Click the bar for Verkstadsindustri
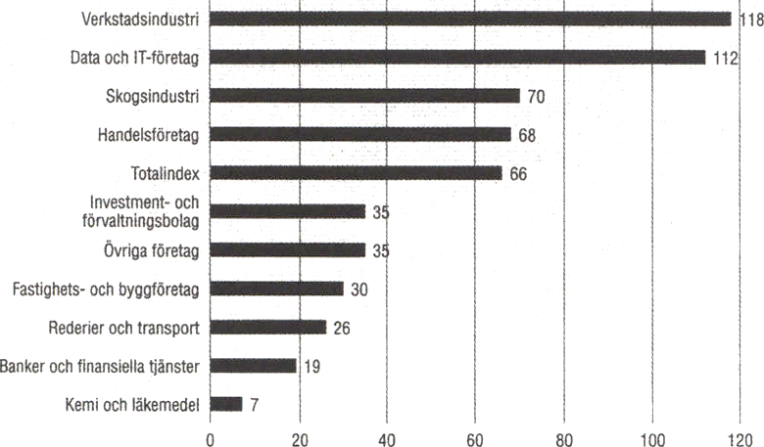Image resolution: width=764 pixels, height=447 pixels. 470,19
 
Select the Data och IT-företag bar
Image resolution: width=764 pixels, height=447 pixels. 457,57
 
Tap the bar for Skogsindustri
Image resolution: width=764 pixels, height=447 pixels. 364,96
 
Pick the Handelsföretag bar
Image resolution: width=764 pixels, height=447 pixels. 360,134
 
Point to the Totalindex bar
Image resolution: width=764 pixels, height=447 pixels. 356,173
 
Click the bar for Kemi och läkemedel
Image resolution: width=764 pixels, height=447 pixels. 226,403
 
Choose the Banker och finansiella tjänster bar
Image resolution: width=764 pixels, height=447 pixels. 253,366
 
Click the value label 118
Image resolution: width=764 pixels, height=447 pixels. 750,20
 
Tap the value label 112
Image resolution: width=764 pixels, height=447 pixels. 725,58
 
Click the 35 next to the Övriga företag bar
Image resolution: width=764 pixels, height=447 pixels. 380,250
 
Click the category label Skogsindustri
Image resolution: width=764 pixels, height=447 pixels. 152,96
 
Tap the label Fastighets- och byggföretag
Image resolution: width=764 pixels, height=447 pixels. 106,289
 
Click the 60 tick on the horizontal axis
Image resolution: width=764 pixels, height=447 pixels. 476,437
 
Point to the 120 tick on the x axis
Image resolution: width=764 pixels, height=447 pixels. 740,437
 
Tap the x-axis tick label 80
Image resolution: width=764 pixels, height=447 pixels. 564,437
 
